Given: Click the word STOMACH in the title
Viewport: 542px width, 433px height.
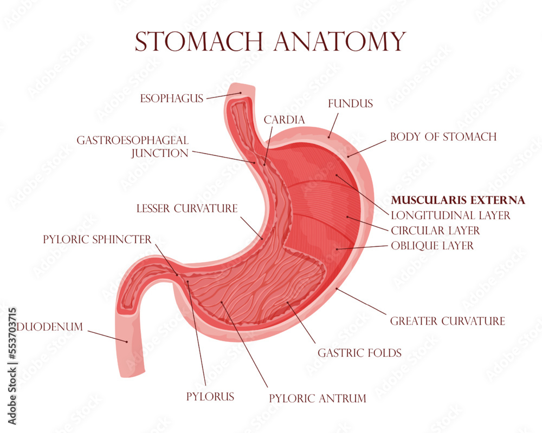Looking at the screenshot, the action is tap(199, 42).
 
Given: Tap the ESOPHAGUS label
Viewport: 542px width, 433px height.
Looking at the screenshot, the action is tap(171, 99).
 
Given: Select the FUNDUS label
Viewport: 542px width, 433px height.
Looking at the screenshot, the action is tap(351, 103).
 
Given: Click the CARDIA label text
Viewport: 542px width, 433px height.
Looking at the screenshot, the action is tap(284, 120).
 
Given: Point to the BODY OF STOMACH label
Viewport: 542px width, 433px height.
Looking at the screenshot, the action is tap(443, 137).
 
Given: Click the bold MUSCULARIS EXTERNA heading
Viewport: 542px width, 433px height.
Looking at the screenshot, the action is tap(458, 200).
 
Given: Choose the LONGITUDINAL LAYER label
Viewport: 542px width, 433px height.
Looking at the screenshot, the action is tap(450, 215).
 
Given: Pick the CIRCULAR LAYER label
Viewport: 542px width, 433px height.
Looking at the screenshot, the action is tap(435, 231).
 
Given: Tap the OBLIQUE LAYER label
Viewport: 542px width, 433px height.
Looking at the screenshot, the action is tap(432, 246).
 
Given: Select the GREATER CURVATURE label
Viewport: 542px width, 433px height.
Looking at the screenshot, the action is tap(447, 321).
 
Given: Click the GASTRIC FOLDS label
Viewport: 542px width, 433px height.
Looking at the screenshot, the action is tap(359, 353).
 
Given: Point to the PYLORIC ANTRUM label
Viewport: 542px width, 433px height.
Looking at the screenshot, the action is tap(317, 398).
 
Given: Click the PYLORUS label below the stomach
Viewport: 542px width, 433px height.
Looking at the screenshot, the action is tap(210, 396).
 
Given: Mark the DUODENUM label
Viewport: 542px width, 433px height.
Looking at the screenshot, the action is tap(50, 327).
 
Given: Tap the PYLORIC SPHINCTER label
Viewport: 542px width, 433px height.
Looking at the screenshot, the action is tap(97, 239).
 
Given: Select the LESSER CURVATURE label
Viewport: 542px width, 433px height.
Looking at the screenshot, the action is tap(187, 208).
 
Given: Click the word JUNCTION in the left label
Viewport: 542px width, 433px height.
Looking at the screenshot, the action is tap(160, 153).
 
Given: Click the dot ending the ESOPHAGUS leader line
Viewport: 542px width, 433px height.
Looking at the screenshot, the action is tap(241, 93).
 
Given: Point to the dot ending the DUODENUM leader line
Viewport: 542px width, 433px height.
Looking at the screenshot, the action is tap(127, 342).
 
